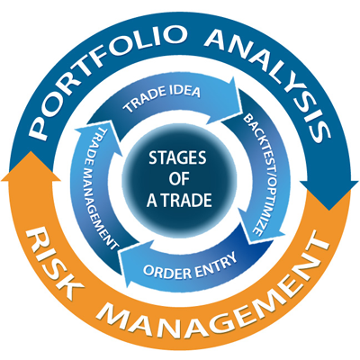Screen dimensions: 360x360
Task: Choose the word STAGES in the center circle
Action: tap(177, 157)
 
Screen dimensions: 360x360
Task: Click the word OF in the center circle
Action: tap(179, 179)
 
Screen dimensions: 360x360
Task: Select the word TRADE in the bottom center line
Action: tap(185, 200)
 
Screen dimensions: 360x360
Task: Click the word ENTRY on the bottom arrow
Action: tap(215, 262)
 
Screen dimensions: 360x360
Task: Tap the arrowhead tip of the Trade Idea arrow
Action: tap(242, 103)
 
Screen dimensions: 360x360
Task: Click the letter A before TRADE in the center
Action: tap(152, 201)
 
